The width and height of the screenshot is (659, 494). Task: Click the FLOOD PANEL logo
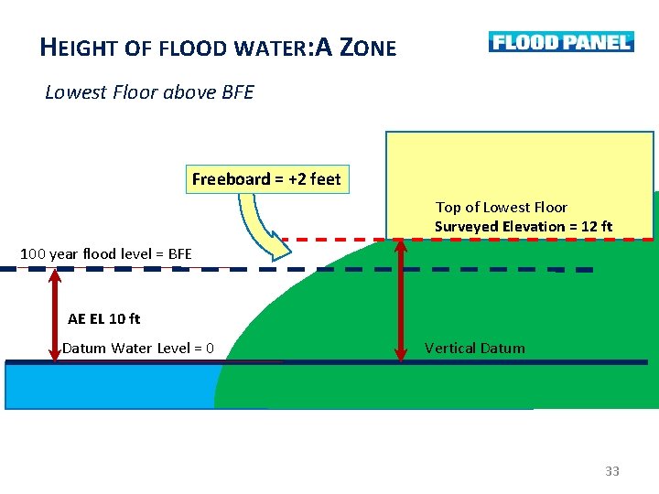pyautogui.click(x=560, y=42)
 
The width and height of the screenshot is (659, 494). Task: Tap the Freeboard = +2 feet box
pyautogui.click(x=265, y=179)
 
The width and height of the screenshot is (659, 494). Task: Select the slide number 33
pyautogui.click(x=612, y=471)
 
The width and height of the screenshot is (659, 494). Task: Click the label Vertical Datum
pyautogui.click(x=474, y=348)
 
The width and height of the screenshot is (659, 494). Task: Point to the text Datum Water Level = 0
pyautogui.click(x=138, y=348)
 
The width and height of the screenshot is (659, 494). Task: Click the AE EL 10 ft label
pyautogui.click(x=104, y=319)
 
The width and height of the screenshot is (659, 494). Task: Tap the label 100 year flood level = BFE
pyautogui.click(x=106, y=253)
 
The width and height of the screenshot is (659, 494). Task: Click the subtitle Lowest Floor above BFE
pyautogui.click(x=149, y=92)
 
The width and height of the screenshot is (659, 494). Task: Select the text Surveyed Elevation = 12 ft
pyautogui.click(x=524, y=226)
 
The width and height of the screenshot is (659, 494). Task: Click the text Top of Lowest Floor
pyautogui.click(x=502, y=208)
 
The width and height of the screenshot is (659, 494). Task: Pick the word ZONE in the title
pyautogui.click(x=368, y=47)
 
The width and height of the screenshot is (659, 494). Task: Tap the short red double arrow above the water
pyautogui.click(x=55, y=315)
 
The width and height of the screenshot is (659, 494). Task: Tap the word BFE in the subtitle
pyautogui.click(x=238, y=92)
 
